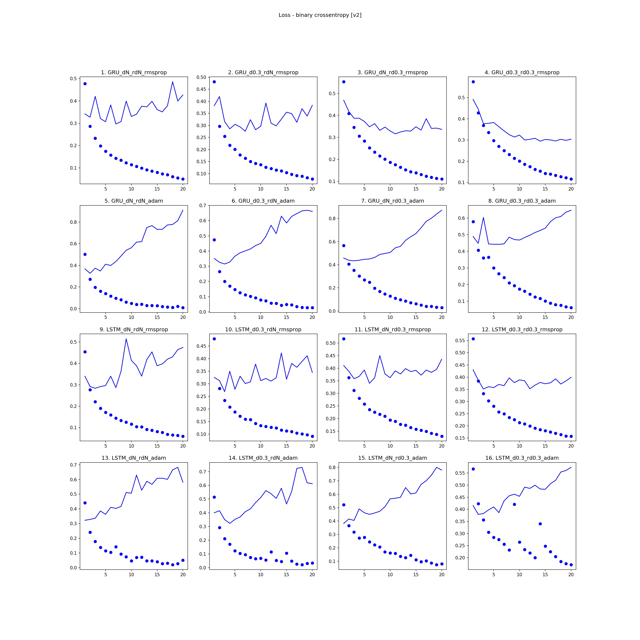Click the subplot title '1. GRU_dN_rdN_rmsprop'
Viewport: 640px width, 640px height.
tap(134, 72)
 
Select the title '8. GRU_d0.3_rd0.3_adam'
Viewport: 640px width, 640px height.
tap(522, 201)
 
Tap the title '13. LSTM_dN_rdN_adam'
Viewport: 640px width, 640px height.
tap(134, 458)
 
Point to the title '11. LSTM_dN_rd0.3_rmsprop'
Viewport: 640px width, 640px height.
tap(393, 329)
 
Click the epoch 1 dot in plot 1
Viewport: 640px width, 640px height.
tap(85, 84)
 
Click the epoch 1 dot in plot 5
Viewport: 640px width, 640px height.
tap(85, 255)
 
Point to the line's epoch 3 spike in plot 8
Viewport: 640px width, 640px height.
tap(483, 218)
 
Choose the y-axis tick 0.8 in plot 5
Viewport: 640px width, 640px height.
tap(73, 222)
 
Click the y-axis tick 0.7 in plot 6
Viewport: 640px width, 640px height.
tap(202, 205)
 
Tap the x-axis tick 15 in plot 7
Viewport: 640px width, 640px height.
tap(416, 317)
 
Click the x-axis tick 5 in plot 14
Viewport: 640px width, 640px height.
tap(235, 575)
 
